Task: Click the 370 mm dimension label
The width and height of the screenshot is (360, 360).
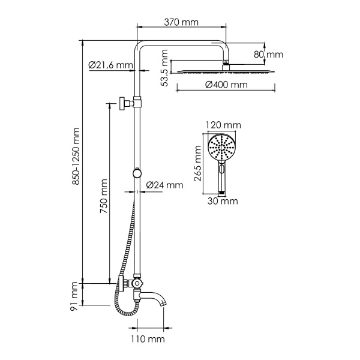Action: (x=182, y=23)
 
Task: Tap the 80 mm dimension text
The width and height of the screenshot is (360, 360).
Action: (x=268, y=55)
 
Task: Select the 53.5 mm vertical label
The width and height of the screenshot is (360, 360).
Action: (x=165, y=69)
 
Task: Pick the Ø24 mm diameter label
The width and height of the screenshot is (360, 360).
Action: (x=164, y=185)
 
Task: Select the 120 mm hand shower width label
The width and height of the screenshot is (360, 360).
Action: (x=223, y=125)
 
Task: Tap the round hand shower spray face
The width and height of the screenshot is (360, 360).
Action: (x=221, y=147)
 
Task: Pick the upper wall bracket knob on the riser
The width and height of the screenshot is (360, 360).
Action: (x=124, y=103)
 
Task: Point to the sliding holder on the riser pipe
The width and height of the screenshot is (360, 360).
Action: (x=139, y=173)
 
